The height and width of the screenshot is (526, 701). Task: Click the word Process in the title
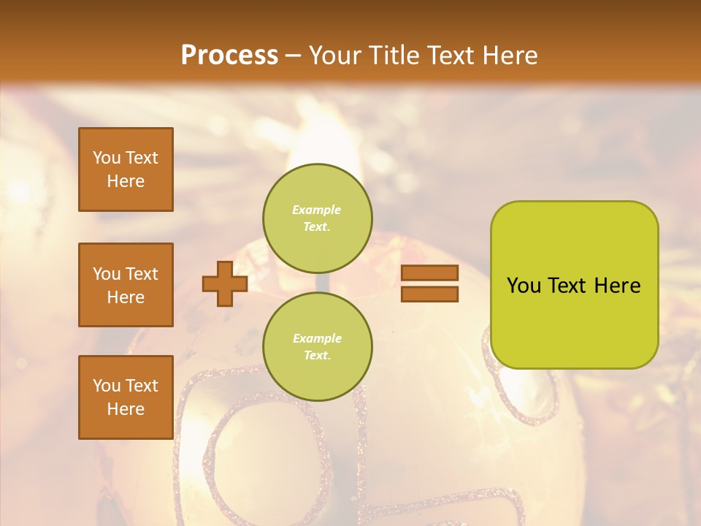point(229,56)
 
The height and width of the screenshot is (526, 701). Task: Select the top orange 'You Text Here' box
point(126,169)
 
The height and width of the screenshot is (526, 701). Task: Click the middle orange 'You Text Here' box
point(126,285)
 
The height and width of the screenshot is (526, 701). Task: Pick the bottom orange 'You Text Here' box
point(126,397)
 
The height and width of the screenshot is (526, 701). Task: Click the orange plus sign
point(225,283)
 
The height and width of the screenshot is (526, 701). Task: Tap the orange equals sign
point(429,283)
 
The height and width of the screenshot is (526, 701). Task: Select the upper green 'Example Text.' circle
point(318,218)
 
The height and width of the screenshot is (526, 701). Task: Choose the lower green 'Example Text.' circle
point(318,347)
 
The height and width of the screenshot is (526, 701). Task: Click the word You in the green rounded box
point(524,286)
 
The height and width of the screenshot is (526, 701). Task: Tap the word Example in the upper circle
point(316,210)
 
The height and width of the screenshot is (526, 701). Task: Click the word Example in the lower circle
point(317,338)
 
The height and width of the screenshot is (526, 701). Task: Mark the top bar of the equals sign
point(429,272)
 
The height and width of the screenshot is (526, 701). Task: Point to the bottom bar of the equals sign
point(429,294)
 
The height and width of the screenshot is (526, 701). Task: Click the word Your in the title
point(336,56)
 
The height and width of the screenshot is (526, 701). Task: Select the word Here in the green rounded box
point(618,286)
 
